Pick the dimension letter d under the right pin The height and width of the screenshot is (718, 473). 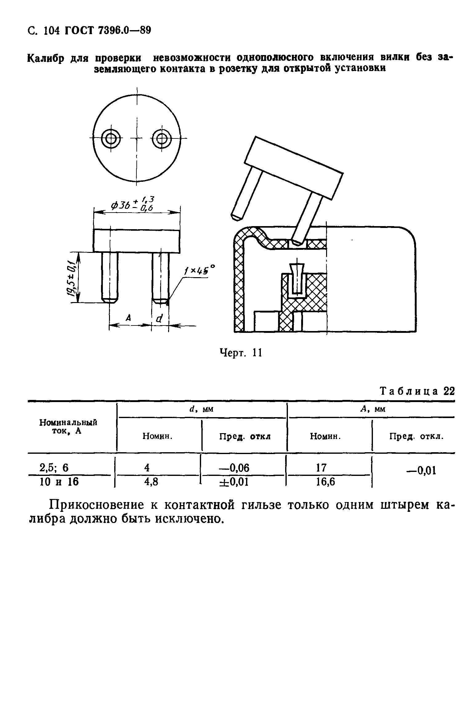(x=160, y=319)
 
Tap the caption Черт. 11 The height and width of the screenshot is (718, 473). (x=241, y=353)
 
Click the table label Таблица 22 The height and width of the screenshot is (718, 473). (x=418, y=391)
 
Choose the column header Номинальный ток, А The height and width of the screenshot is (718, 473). (x=68, y=426)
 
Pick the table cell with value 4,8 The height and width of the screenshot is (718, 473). (x=151, y=482)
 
